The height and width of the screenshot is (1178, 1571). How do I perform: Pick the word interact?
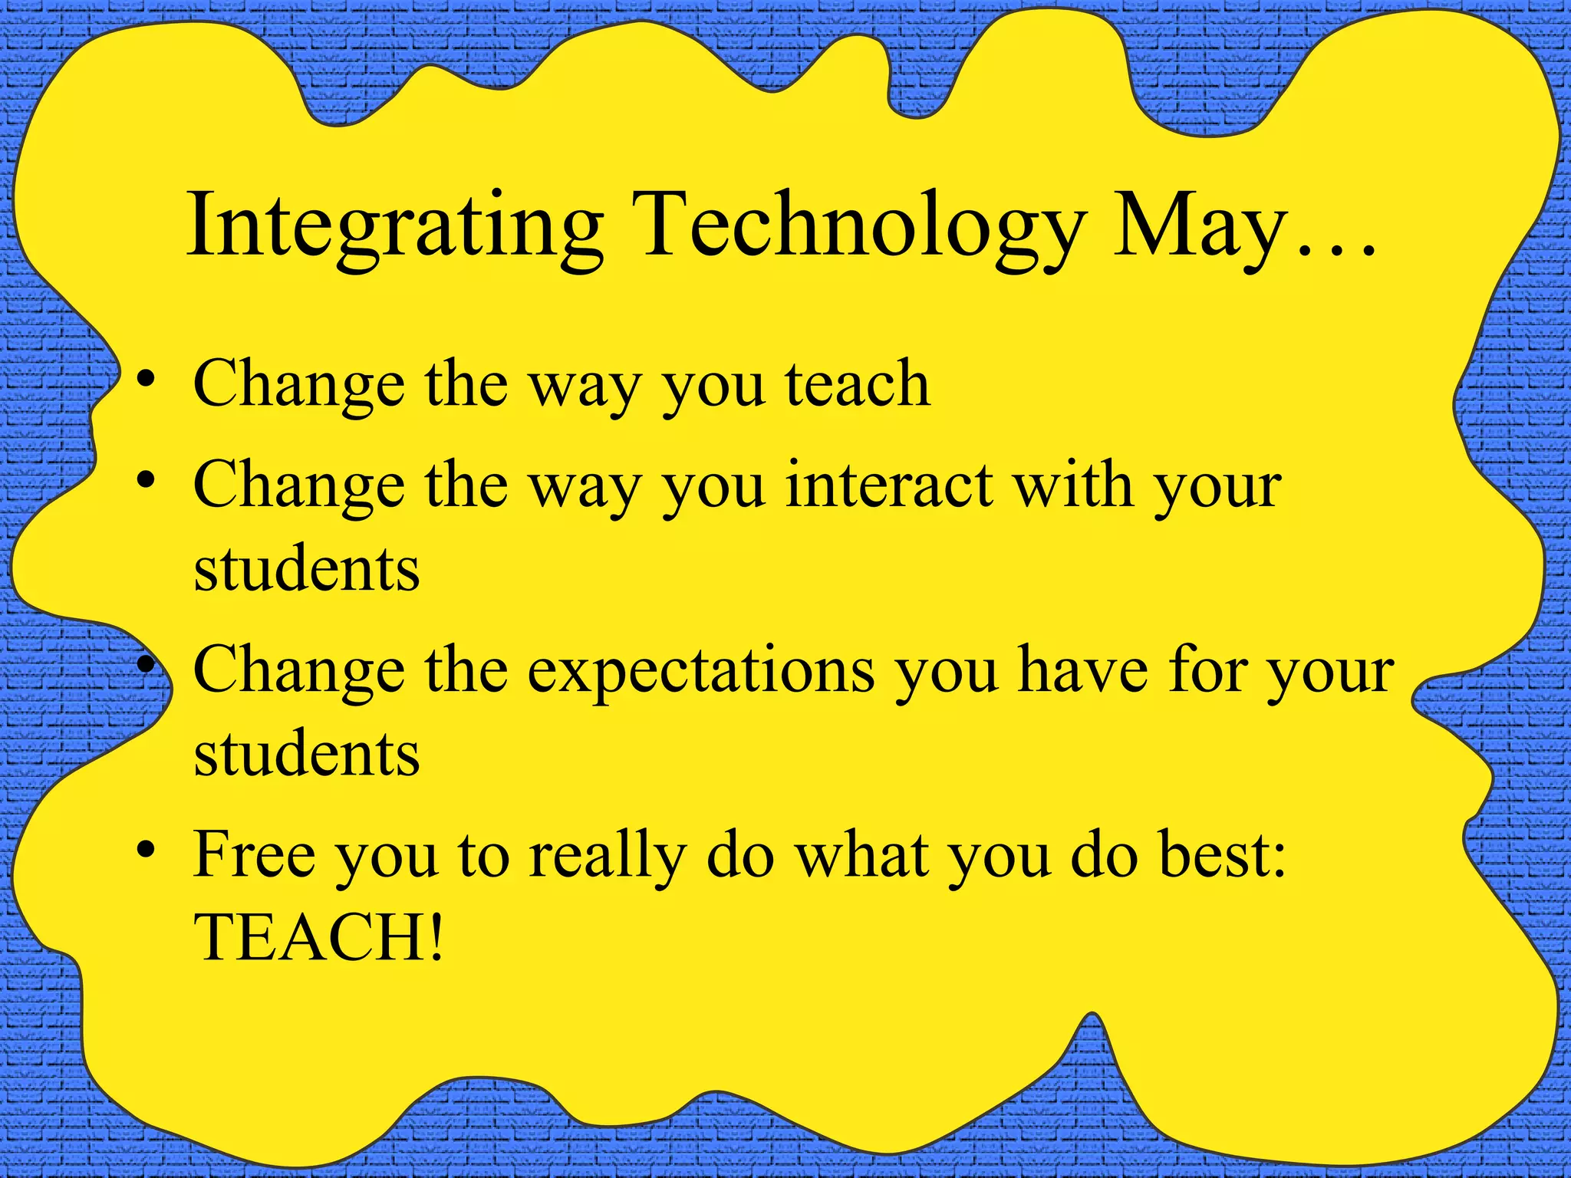click(889, 485)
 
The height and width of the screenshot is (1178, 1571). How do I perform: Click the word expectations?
click(701, 670)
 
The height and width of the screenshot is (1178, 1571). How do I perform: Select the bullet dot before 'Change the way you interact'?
click(147, 482)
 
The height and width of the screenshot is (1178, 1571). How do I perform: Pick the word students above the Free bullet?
click(307, 752)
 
